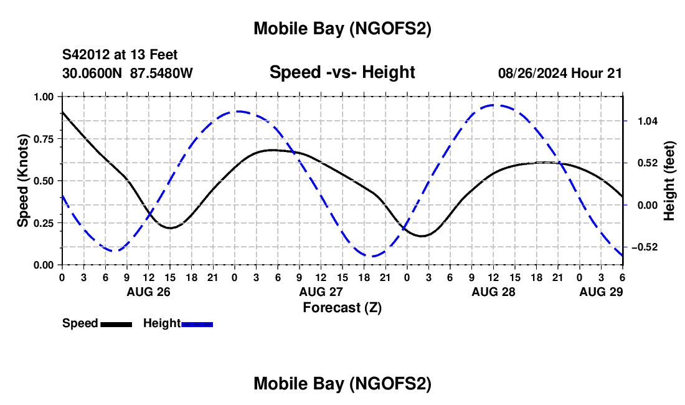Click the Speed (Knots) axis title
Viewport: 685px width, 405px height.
(22, 180)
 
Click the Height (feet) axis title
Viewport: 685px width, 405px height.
(669, 181)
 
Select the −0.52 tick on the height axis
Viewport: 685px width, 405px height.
(641, 247)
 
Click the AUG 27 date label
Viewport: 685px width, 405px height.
(321, 292)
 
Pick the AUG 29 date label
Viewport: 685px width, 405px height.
(601, 292)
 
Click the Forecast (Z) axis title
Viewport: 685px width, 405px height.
(342, 307)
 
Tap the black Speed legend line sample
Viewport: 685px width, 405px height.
(116, 324)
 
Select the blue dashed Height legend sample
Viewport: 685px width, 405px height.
(197, 324)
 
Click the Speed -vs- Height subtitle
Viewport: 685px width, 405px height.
(342, 72)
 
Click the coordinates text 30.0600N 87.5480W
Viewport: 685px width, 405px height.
(128, 73)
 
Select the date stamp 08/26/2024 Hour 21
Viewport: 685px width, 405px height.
(560, 73)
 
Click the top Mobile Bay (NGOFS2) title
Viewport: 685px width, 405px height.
(342, 28)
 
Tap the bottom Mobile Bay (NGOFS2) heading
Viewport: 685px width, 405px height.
(342, 384)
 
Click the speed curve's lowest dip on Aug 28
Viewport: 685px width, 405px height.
(422, 236)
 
